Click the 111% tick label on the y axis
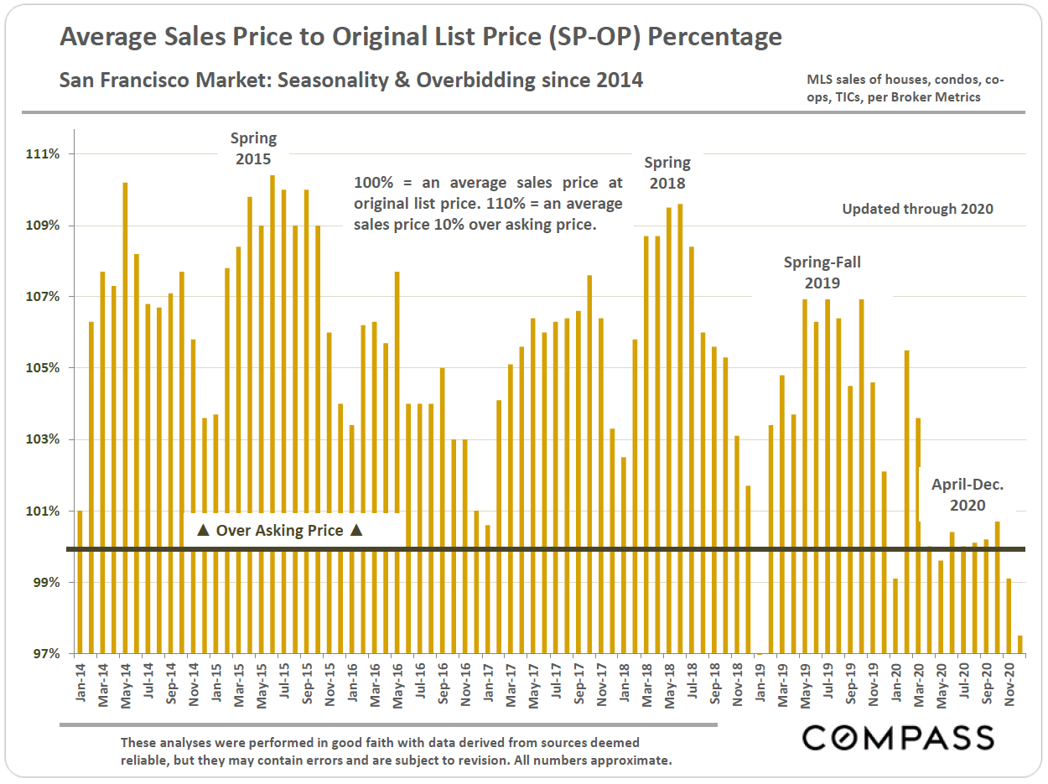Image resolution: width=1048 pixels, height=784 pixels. (x=43, y=154)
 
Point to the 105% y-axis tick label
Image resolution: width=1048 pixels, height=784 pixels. (x=43, y=368)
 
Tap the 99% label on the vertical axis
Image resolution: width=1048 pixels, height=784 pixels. (x=45, y=582)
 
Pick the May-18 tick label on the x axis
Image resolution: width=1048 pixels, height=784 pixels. (x=669, y=685)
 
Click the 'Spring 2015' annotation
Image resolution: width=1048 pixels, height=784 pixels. (x=253, y=148)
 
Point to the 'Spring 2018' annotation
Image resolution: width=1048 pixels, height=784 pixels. (x=667, y=172)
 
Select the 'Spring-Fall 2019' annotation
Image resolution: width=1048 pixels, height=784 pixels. (x=822, y=273)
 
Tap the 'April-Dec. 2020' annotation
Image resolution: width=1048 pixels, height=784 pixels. (x=968, y=495)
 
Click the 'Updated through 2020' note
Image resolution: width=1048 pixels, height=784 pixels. (x=917, y=209)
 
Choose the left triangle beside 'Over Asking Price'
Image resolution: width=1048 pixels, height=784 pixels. (x=202, y=531)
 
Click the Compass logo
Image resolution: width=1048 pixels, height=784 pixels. (x=898, y=737)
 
